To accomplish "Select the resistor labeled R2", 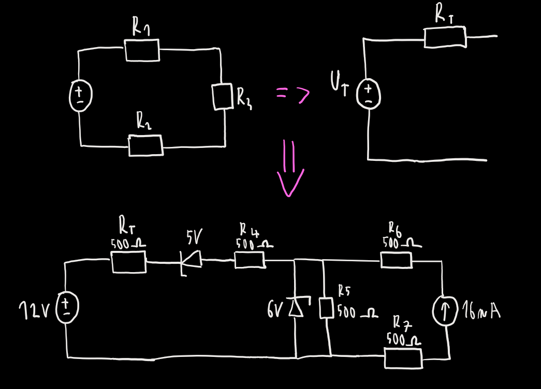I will [145, 145].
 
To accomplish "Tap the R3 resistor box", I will [223, 96].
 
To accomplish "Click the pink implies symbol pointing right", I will [293, 94].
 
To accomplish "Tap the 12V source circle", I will [67, 306].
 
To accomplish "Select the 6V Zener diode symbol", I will [296, 307].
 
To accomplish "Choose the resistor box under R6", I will [397, 260].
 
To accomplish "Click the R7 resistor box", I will [403, 357].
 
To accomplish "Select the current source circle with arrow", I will [445, 312].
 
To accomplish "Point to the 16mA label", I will [481, 311].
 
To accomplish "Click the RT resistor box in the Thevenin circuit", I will [445, 37].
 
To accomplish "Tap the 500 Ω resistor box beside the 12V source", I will [129, 262].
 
